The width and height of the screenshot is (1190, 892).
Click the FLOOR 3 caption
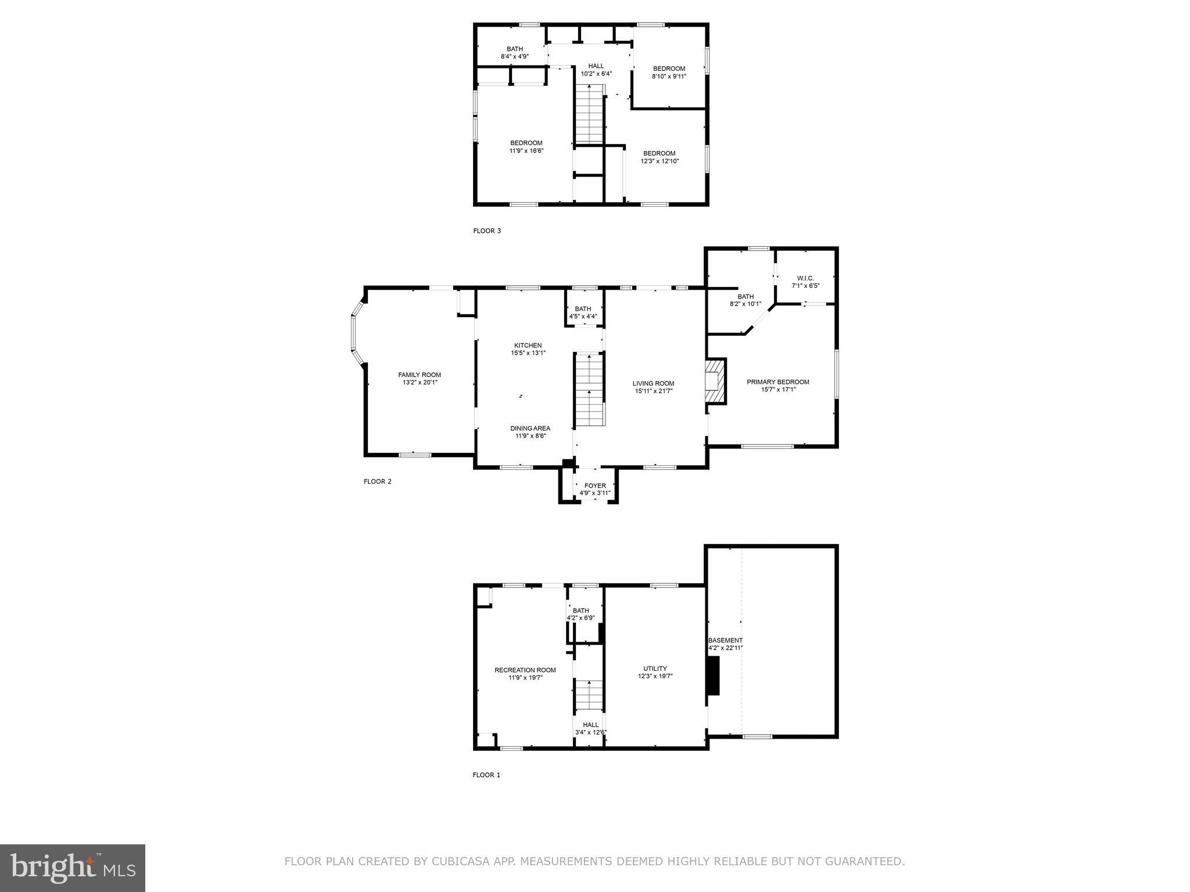click(486, 231)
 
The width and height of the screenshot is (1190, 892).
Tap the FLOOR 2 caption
click(377, 481)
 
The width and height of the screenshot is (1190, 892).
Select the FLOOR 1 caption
click(486, 775)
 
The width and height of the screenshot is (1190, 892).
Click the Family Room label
click(419, 375)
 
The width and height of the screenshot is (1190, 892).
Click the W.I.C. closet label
click(805, 278)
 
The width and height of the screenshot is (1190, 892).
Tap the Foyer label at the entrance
click(594, 485)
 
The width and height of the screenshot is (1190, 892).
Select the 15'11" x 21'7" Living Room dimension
click(653, 391)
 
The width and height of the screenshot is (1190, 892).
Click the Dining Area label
click(530, 428)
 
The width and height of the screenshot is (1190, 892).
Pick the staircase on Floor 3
click(590, 115)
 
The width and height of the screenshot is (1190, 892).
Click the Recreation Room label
click(525, 670)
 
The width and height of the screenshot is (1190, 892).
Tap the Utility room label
click(655, 668)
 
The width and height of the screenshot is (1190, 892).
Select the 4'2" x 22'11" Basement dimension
click(725, 648)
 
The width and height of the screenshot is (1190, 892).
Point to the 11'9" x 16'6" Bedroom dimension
click(526, 150)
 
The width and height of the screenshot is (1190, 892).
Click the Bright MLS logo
click(73, 868)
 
